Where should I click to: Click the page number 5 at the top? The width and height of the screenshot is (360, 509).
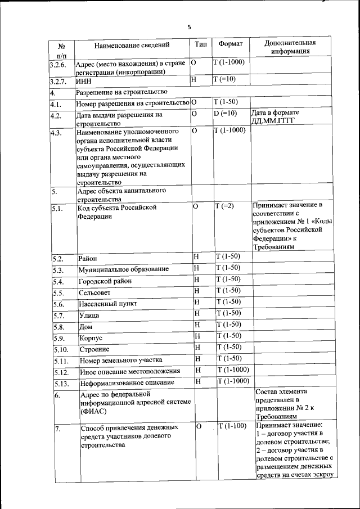click(x=189, y=26)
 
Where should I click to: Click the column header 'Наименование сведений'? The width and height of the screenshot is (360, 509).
click(x=132, y=44)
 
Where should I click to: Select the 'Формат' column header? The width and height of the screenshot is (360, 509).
click(x=230, y=43)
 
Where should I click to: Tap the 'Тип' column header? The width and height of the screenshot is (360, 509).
click(x=200, y=43)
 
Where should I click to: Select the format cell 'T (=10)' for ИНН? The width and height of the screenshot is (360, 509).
click(x=224, y=79)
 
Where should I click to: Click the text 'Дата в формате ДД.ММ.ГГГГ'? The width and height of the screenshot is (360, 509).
click(x=282, y=117)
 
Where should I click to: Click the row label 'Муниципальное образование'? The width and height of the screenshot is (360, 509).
click(x=124, y=269)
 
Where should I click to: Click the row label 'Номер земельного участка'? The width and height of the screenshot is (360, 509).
click(x=120, y=360)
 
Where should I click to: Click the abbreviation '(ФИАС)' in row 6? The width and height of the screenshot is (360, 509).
click(x=92, y=411)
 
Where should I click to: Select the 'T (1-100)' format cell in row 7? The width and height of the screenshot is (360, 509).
click(x=232, y=425)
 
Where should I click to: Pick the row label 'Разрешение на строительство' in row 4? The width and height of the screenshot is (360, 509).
click(x=121, y=92)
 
